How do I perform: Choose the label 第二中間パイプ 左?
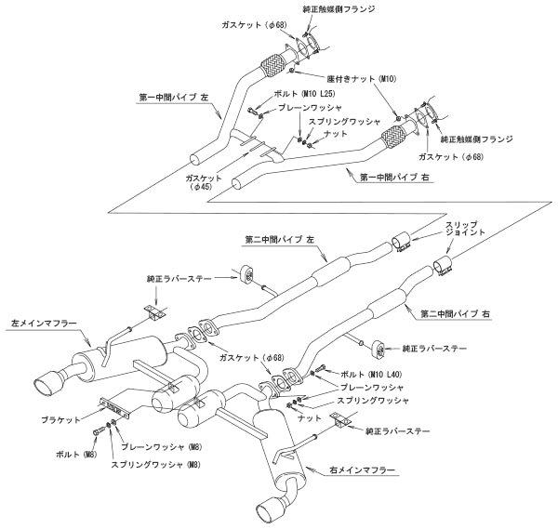tap(278, 238)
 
